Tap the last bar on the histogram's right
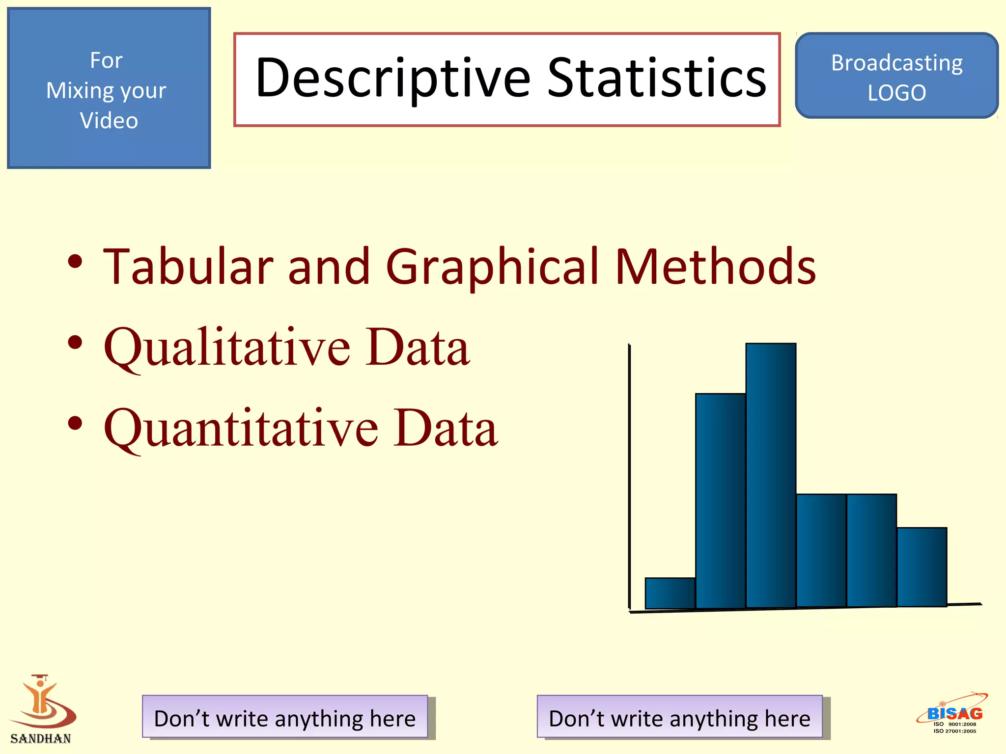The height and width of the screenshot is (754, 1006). click(x=922, y=567)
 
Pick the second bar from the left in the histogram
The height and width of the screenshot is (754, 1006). click(x=720, y=501)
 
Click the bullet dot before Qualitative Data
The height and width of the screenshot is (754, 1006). click(x=75, y=342)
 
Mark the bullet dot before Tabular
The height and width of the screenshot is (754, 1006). click(x=75, y=261)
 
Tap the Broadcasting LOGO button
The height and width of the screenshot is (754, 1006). click(x=896, y=76)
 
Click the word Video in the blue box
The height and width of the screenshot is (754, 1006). click(x=109, y=121)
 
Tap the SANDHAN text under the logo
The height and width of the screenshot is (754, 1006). click(x=41, y=739)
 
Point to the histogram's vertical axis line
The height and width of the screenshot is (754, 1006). click(x=629, y=476)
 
